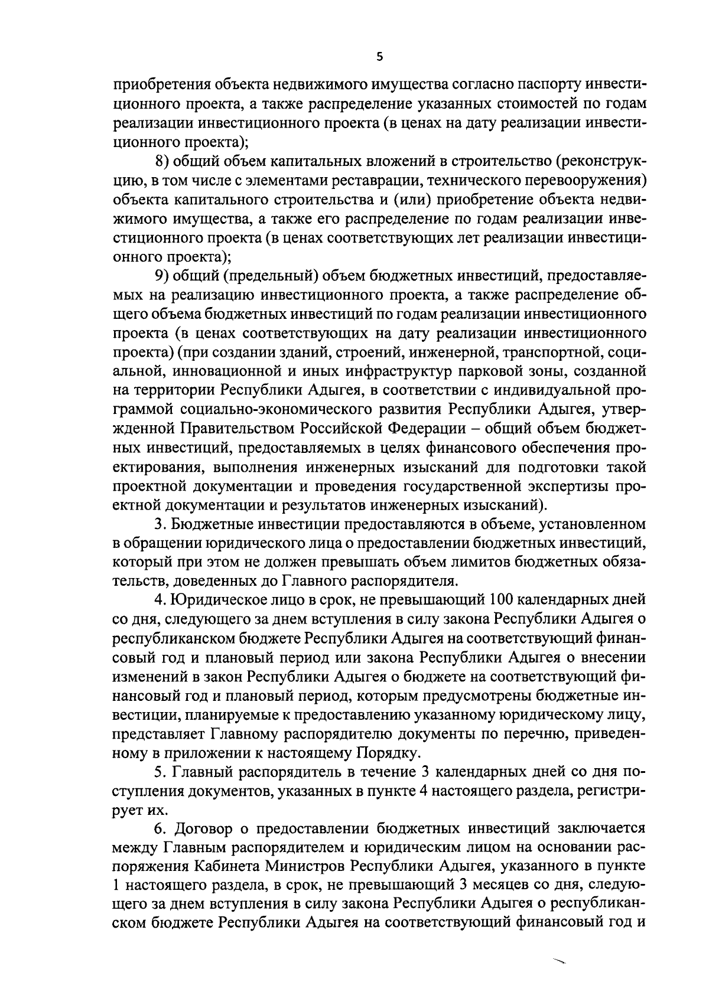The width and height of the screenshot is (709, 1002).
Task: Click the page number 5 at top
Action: [380, 57]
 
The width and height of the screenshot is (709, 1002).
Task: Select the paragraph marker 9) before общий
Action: [162, 276]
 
